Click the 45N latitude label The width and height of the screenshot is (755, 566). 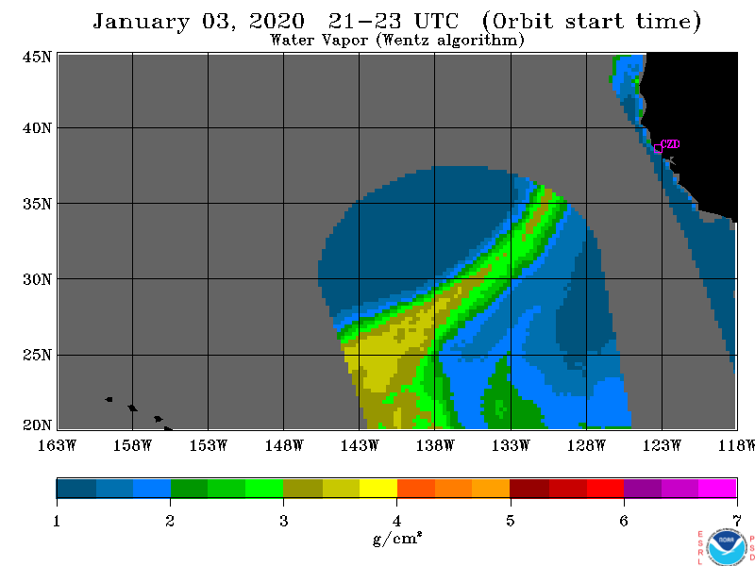pyautogui.click(x=37, y=58)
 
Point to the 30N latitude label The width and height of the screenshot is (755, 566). pyautogui.click(x=37, y=279)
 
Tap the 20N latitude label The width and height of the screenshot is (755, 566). pyautogui.click(x=37, y=425)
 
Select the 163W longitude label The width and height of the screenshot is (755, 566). pyautogui.click(x=57, y=445)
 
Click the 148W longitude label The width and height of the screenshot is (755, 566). pyautogui.click(x=284, y=445)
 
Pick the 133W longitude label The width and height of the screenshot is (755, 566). pyautogui.click(x=511, y=445)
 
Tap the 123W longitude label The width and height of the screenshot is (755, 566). pyautogui.click(x=662, y=445)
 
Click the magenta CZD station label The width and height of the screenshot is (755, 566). pyautogui.click(x=670, y=144)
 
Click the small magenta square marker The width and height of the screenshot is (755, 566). pyautogui.click(x=658, y=149)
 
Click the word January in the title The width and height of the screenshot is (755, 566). pyautogui.click(x=141, y=22)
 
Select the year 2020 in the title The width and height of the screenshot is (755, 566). pyautogui.click(x=277, y=21)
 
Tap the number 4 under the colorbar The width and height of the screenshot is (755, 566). pyautogui.click(x=396, y=521)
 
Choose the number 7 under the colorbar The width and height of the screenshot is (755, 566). pyautogui.click(x=737, y=521)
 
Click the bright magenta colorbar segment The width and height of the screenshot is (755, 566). pyautogui.click(x=717, y=488)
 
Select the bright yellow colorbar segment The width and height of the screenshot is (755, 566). pyautogui.click(x=378, y=488)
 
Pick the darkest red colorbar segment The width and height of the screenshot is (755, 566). pyautogui.click(x=529, y=488)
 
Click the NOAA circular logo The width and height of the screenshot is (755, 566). pyautogui.click(x=727, y=547)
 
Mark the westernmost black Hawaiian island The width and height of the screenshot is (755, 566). pyautogui.click(x=109, y=399)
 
